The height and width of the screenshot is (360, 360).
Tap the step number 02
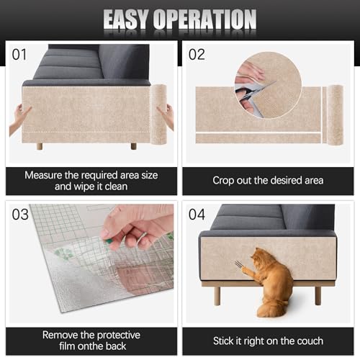click(x=197, y=53)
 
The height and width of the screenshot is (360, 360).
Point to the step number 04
click(x=197, y=215)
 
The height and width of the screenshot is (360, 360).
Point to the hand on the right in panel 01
click(x=168, y=115)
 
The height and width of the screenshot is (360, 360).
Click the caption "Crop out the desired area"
click(x=268, y=180)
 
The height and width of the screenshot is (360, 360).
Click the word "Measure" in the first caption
click(x=46, y=174)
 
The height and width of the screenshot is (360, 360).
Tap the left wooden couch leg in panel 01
click(x=40, y=145)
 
